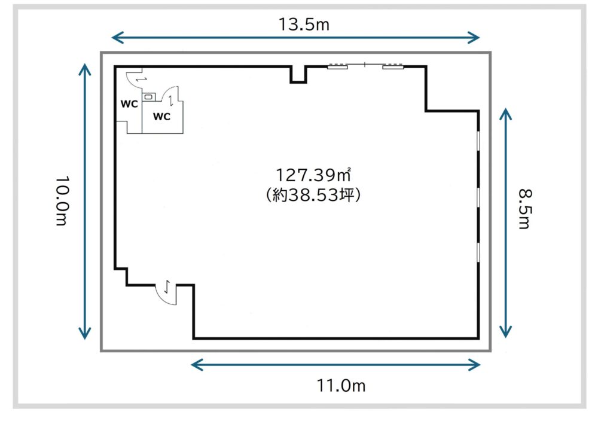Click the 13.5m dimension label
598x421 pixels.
tap(304, 25)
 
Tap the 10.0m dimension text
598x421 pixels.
tap(62, 200)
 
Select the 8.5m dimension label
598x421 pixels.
tap(525, 209)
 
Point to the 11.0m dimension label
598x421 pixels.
tap(341, 386)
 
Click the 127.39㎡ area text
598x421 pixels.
tap(313, 175)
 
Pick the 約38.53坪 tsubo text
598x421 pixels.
tap(313, 195)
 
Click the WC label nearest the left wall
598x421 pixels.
tap(129, 103)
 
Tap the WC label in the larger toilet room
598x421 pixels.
tap(161, 116)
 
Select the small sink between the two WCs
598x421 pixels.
tap(149, 97)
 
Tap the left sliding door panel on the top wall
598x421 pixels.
tap(337, 68)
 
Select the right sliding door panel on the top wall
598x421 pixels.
tap(393, 68)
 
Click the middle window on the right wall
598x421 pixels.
tap(478, 197)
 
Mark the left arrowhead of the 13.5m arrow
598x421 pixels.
tap(117, 38)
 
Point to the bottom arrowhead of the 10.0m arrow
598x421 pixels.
tap(85, 333)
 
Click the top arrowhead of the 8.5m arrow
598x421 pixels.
tap(506, 114)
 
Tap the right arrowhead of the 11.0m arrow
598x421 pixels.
tap(474, 365)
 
